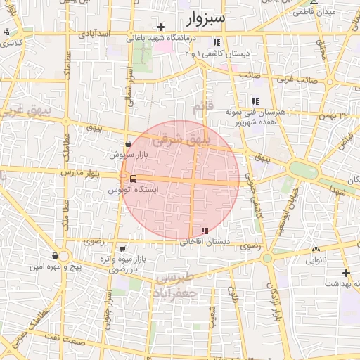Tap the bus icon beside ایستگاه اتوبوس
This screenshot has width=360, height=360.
coord(134,179)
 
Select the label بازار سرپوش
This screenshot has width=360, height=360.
coord(127,153)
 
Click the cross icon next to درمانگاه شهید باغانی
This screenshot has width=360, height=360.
coord(161,27)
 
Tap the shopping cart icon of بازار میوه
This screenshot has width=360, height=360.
coord(123,248)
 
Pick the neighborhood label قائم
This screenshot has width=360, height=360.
coord(200,106)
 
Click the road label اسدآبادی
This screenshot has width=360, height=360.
coord(94,33)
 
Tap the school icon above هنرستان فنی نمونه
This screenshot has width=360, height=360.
coord(255,101)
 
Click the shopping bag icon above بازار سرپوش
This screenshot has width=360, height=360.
coord(127,143)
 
